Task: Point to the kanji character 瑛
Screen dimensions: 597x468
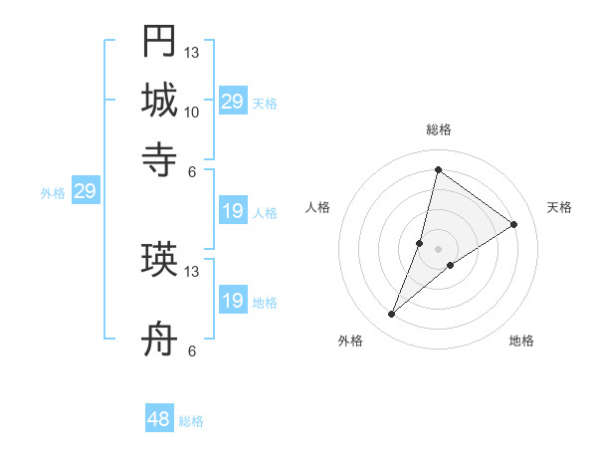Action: tap(159, 260)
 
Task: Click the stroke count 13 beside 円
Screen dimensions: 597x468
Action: tap(192, 52)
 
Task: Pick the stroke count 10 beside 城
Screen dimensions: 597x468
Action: tap(192, 112)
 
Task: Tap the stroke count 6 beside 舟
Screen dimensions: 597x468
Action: tap(191, 351)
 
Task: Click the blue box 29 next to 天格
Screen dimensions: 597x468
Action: tap(233, 102)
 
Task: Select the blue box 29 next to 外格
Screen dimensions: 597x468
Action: tap(85, 192)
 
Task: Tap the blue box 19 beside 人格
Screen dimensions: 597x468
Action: tap(233, 211)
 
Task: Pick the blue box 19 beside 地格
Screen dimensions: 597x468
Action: tap(233, 301)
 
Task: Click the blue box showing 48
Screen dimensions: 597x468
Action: tap(159, 419)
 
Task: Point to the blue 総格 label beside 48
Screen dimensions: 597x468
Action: tap(191, 421)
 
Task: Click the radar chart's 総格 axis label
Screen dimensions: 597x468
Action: tap(438, 130)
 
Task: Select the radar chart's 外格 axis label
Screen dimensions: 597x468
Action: tap(350, 341)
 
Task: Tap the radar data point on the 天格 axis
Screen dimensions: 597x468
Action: tap(514, 224)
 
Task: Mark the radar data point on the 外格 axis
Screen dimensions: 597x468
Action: tap(392, 315)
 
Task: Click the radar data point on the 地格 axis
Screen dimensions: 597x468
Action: tap(451, 265)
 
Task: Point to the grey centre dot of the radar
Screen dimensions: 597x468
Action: tap(438, 248)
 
